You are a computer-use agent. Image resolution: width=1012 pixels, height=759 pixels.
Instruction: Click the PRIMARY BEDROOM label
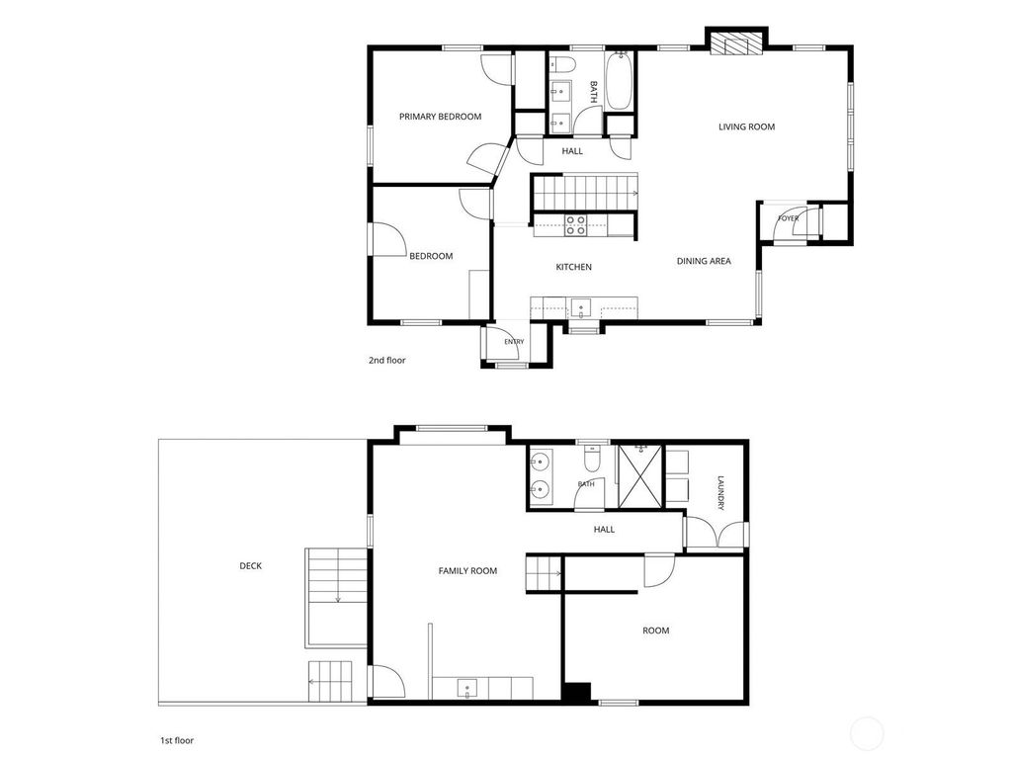point(440,117)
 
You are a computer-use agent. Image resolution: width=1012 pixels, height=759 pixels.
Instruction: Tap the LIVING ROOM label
point(747,127)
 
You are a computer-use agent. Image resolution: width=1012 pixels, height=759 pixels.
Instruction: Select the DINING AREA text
point(704,261)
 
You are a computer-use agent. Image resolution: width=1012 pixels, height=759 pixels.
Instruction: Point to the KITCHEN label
point(574,267)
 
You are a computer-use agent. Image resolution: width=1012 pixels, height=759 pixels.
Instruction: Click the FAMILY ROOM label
point(467,571)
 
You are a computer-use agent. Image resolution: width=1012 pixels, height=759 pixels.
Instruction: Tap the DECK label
point(250,566)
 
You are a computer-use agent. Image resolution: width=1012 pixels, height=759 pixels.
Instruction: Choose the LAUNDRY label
point(721,493)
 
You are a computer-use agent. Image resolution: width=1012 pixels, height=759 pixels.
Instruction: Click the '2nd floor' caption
point(387,360)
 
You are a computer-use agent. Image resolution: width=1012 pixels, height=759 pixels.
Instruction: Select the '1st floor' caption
point(177,741)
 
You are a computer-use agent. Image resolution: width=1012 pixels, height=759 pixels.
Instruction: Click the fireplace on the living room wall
point(736,43)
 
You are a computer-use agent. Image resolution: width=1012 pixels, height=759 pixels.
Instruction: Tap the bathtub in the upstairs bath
point(620,81)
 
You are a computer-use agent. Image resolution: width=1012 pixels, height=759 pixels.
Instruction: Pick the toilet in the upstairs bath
point(563,64)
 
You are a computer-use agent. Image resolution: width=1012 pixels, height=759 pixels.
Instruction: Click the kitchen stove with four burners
point(576,225)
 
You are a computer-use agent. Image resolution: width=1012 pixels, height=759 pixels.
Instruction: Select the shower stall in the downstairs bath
point(640,476)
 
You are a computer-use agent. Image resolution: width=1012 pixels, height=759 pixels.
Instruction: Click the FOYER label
point(788,218)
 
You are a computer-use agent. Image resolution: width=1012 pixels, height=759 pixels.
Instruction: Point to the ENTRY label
point(514,342)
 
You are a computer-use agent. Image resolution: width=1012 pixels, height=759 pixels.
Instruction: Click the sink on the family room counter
point(467,689)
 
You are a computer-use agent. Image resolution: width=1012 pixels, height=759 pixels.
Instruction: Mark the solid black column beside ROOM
point(576,692)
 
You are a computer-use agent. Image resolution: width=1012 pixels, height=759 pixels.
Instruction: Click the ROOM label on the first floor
point(656,631)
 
